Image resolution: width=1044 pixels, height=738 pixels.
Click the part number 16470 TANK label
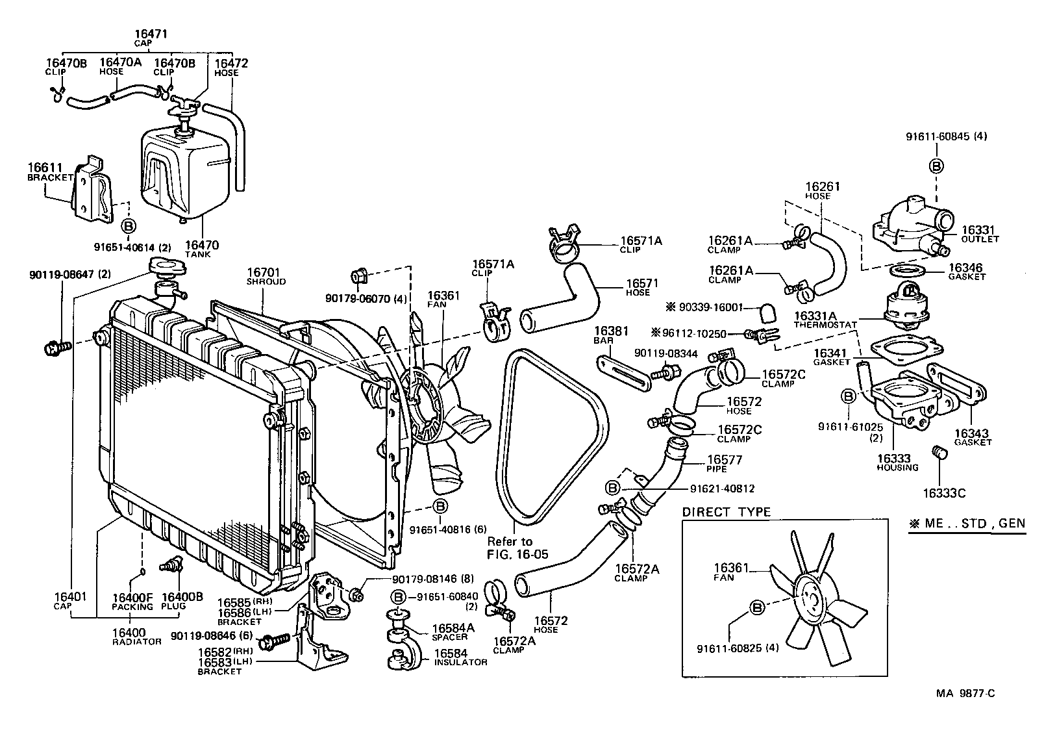[x=202, y=249]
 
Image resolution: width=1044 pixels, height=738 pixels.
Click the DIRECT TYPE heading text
[x=726, y=512]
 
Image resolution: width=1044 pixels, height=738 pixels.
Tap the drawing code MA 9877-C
[x=965, y=693]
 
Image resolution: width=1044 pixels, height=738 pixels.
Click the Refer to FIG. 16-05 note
[x=517, y=547]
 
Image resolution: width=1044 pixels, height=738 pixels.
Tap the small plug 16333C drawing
[x=937, y=452]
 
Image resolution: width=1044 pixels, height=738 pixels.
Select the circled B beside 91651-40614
[x=129, y=225]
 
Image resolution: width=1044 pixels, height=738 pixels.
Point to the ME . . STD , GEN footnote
[x=967, y=523]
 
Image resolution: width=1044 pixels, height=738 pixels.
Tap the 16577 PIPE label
[x=724, y=463]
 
